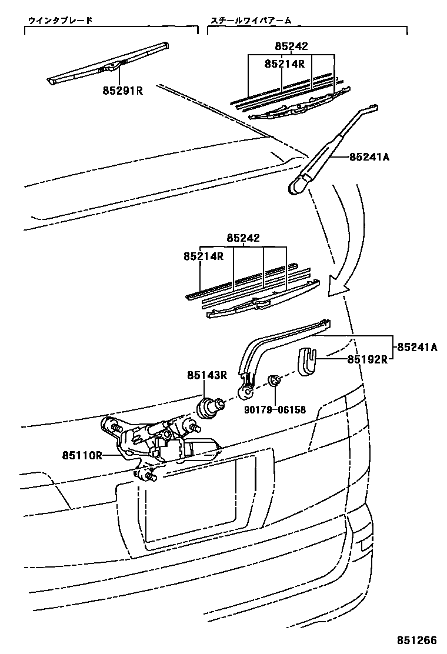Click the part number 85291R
[x=123, y=91]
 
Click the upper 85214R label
[x=285, y=64]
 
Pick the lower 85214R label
[x=204, y=256]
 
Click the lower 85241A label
[x=417, y=347]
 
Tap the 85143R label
[x=207, y=375]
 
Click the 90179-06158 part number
[x=276, y=410]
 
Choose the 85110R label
[x=82, y=455]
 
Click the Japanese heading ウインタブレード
[x=60, y=21]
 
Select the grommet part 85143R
[x=210, y=407]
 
